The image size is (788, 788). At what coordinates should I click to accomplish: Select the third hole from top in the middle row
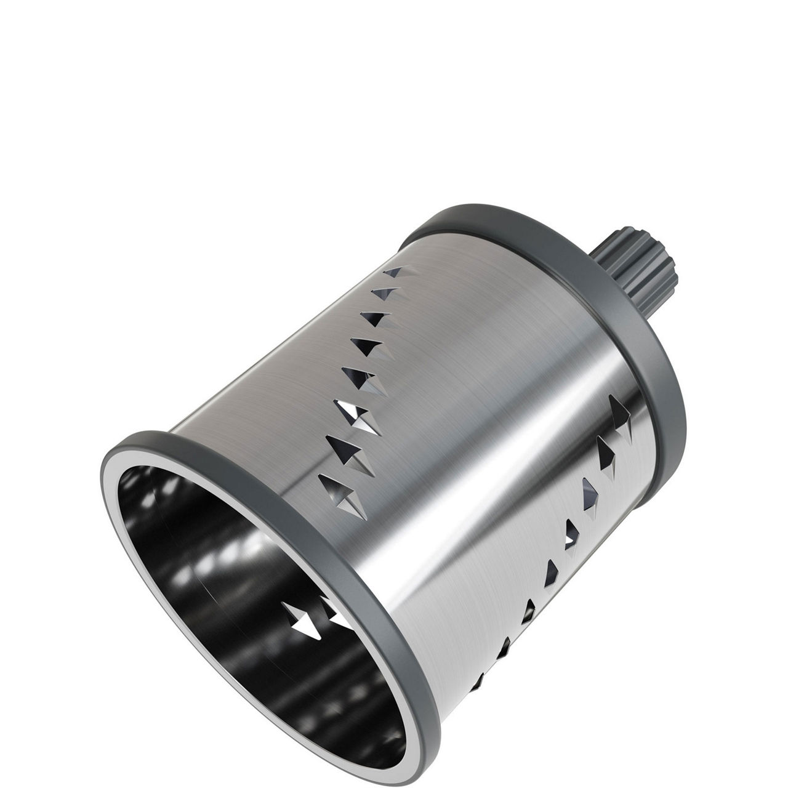pyautogui.click(x=375, y=320)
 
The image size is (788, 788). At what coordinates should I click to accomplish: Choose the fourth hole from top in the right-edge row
pyautogui.click(x=571, y=533)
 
